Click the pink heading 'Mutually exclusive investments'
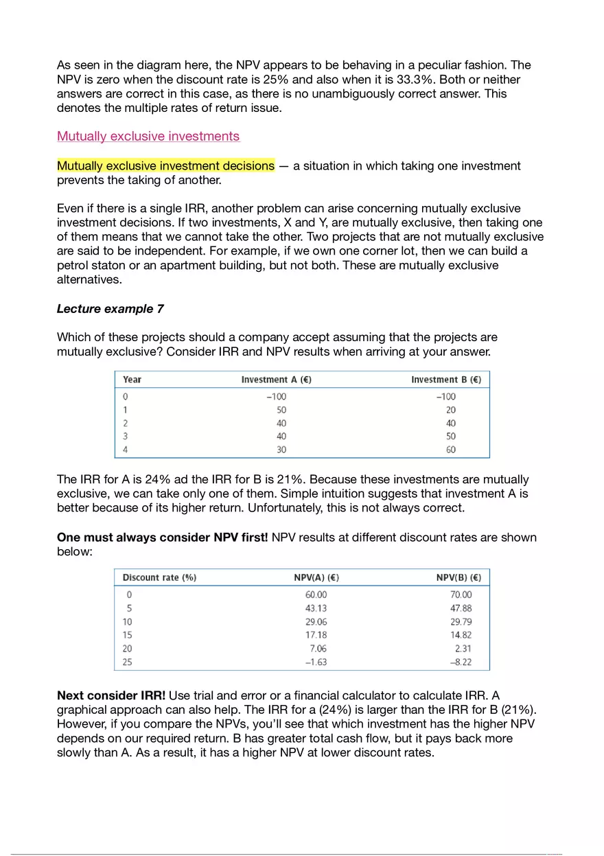(x=148, y=136)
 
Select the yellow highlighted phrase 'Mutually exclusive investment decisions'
(x=165, y=166)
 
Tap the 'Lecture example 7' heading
(x=110, y=309)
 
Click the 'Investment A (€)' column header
(x=276, y=380)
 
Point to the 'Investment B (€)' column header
(x=445, y=380)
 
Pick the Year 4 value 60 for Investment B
(x=450, y=450)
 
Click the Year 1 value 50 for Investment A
(x=281, y=410)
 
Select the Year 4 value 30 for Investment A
(x=281, y=450)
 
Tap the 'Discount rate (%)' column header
(x=159, y=577)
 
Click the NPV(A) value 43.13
(x=316, y=608)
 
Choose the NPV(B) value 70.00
(x=461, y=594)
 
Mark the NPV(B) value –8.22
(x=460, y=662)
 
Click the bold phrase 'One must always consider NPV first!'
(x=163, y=537)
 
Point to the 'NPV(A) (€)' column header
(x=316, y=577)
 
